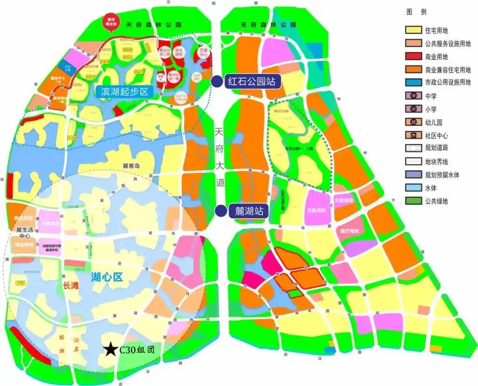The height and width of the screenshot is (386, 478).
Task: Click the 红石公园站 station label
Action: tap(251, 82)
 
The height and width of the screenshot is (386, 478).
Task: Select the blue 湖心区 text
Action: tap(108, 276)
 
